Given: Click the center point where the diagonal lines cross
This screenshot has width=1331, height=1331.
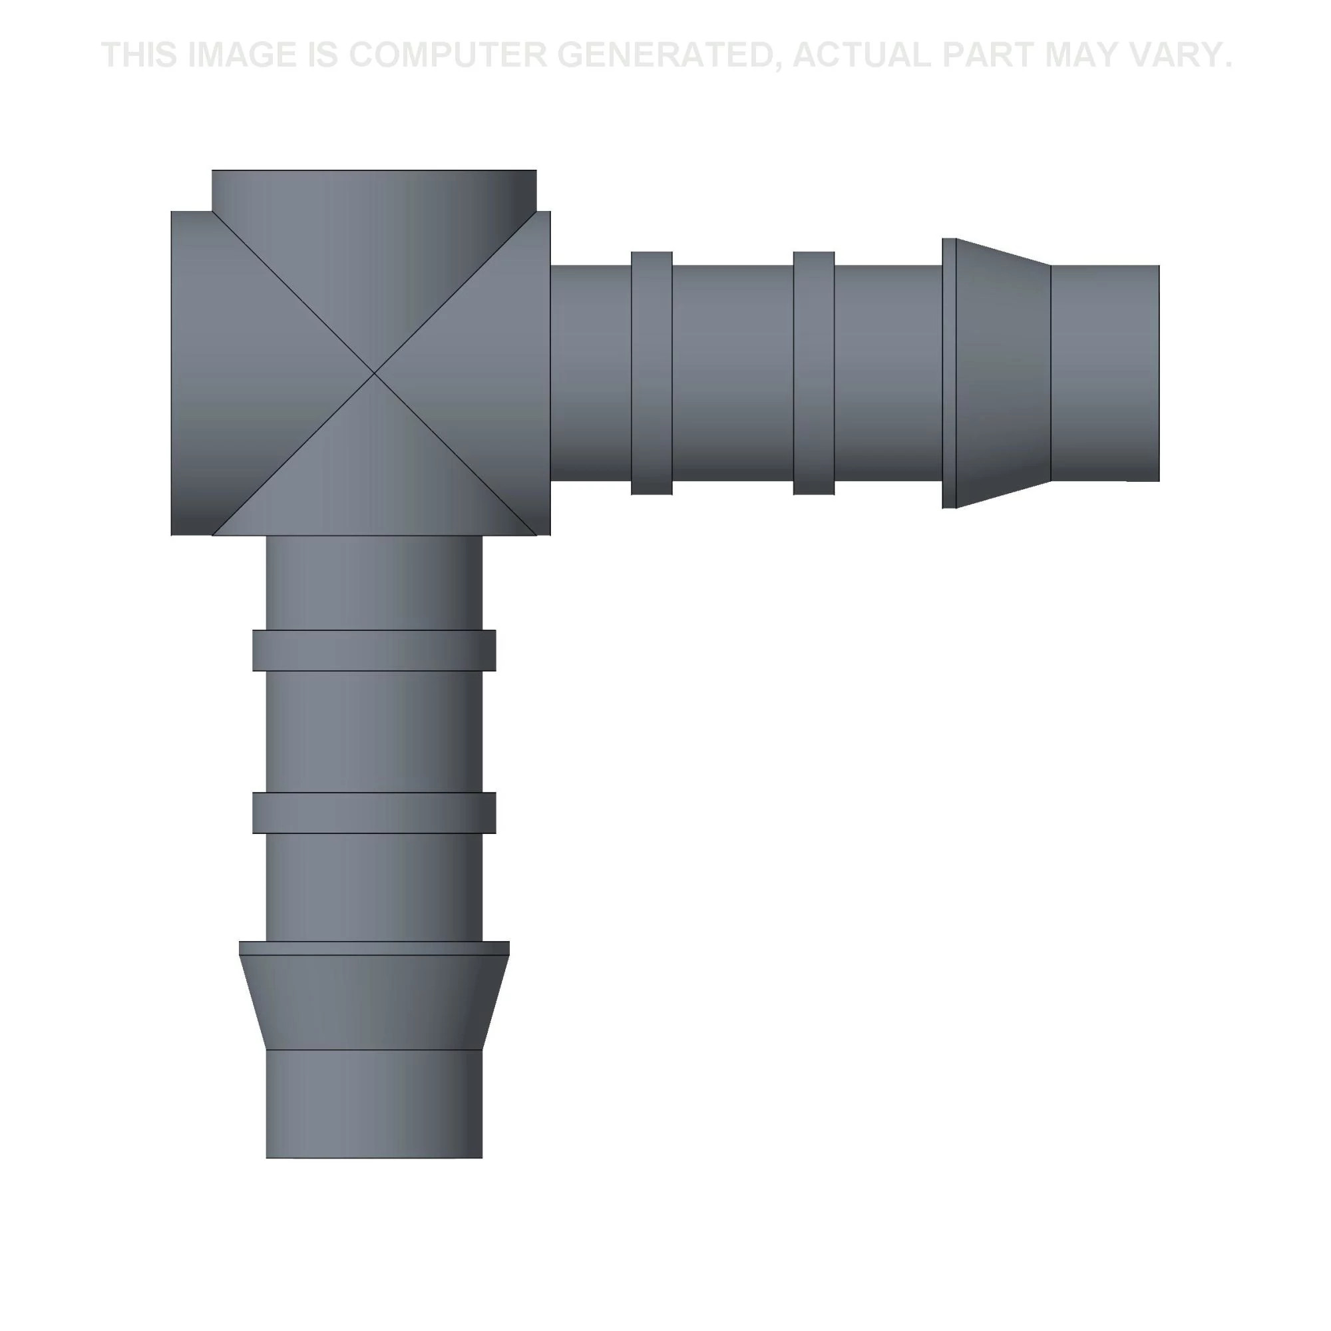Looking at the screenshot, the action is tap(374, 373).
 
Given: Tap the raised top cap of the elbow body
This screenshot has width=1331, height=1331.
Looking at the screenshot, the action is tap(374, 191).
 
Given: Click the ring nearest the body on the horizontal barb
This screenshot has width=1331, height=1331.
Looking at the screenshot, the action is tap(652, 373).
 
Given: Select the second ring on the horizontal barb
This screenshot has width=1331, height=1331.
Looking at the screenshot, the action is tap(814, 373).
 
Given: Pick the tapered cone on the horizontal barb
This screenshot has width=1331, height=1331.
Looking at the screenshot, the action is tap(1003, 373).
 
